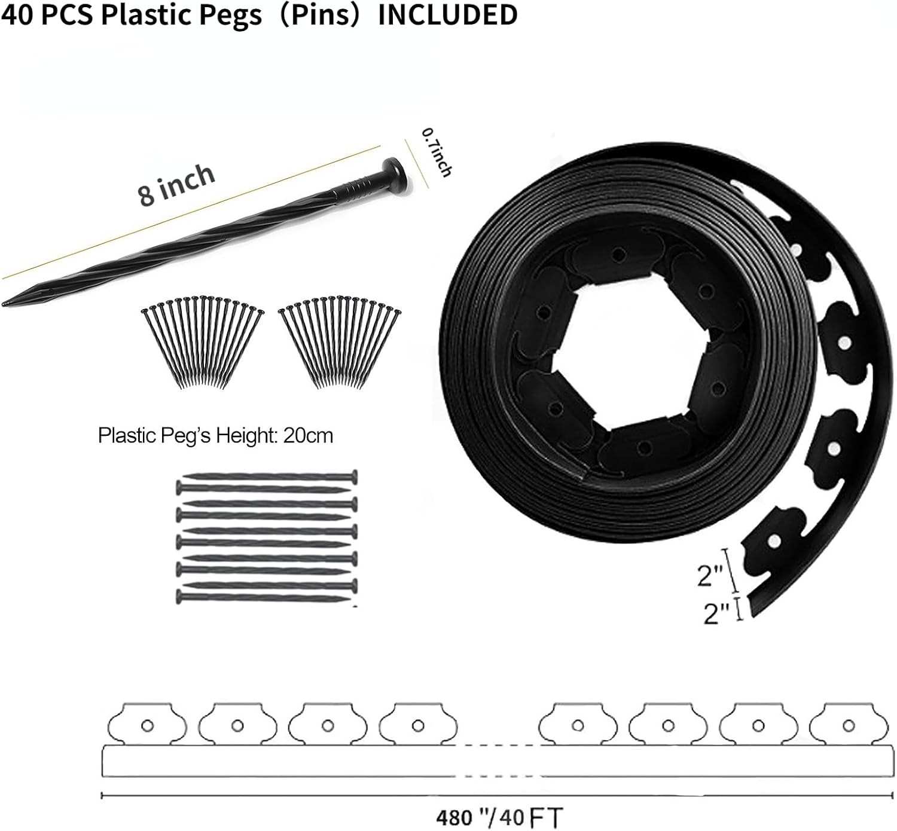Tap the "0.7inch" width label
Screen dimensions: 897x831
tap(437, 152)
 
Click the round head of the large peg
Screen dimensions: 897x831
tap(396, 172)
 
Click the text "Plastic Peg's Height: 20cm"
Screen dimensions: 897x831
tap(215, 436)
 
